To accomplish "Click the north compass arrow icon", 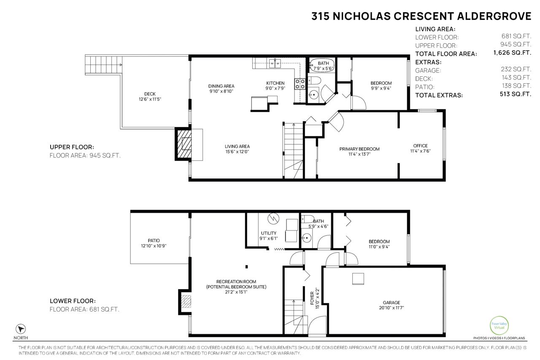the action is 21,329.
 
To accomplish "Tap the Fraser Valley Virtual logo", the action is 499,325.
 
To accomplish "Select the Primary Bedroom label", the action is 359,149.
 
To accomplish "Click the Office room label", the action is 421,146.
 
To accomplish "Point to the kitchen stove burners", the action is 300,84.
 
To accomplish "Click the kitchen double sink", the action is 275,63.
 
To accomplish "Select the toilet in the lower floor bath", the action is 308,219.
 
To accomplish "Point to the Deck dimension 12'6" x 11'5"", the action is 150,99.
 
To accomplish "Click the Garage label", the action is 391,302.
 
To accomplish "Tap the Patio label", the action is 154,241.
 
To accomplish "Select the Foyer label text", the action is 312,298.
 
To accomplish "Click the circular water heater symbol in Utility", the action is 273,219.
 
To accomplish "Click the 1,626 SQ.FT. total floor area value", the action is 512,53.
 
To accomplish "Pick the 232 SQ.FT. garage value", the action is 516,69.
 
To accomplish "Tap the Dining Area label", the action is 221,86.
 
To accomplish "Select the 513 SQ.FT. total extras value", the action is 516,94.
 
